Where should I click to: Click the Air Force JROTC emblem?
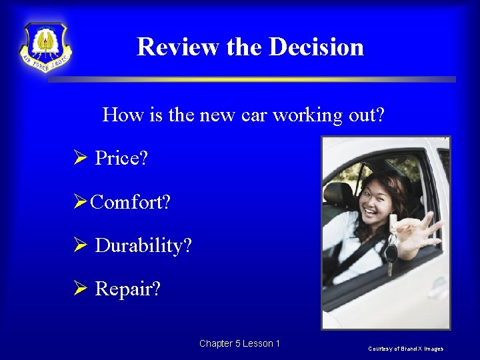(x=45, y=47)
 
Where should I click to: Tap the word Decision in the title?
(x=316, y=47)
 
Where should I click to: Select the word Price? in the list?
(x=121, y=159)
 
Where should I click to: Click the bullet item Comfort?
(x=130, y=202)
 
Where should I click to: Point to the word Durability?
(x=143, y=245)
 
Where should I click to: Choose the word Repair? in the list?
(x=127, y=289)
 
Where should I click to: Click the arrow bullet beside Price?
(x=80, y=159)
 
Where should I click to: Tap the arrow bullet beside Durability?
(x=80, y=245)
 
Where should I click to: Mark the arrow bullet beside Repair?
(x=80, y=289)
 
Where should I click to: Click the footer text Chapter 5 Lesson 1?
(x=239, y=343)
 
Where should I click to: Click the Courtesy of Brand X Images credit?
(x=407, y=349)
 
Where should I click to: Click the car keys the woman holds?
(x=391, y=247)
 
